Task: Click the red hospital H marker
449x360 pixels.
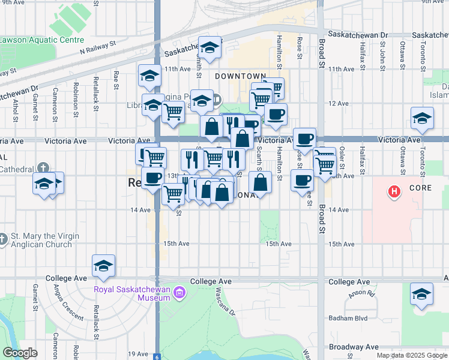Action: (x=394, y=192)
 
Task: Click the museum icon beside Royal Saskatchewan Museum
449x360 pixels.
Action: (x=179, y=293)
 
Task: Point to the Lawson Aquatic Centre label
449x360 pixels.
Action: (x=41, y=41)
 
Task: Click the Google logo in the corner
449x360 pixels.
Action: (x=20, y=353)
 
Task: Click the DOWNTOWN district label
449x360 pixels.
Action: (x=240, y=76)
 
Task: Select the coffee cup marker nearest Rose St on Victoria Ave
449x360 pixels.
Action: (x=304, y=139)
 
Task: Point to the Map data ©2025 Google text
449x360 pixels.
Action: (x=411, y=355)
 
